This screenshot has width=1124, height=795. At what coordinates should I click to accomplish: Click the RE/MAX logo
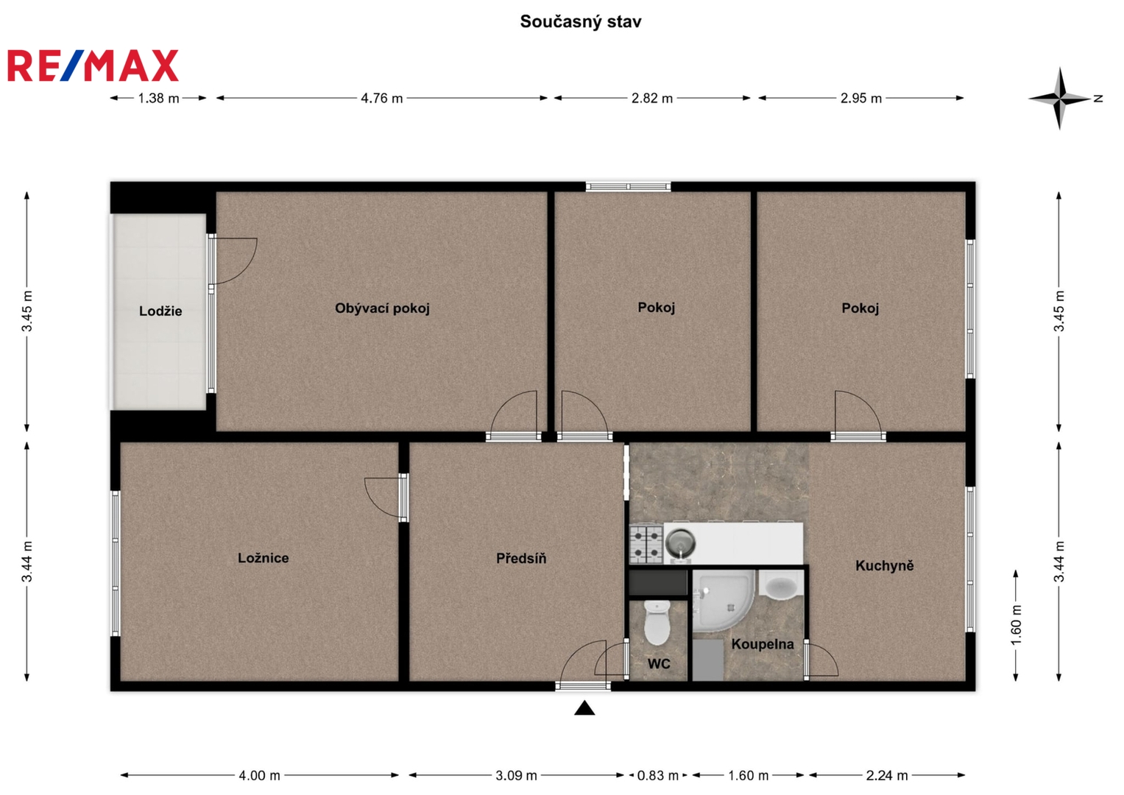(93, 66)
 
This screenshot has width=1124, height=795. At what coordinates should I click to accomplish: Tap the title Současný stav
(581, 21)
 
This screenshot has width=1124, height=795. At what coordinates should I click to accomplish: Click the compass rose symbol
(1059, 99)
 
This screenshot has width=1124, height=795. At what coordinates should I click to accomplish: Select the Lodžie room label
(160, 311)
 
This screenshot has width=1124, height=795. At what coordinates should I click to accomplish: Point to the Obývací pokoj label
(382, 308)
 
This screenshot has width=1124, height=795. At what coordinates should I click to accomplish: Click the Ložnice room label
(264, 558)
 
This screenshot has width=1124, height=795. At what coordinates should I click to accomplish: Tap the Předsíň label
(521, 558)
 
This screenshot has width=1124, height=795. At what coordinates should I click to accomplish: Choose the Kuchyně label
(885, 565)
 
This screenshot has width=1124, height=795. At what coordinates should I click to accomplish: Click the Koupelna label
(763, 644)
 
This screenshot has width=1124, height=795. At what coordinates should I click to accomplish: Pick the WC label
(659, 664)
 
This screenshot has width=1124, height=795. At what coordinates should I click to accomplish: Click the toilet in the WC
(657, 623)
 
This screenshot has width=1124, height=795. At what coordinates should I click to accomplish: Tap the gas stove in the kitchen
(646, 543)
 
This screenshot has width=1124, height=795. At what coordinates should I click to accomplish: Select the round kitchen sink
(680, 543)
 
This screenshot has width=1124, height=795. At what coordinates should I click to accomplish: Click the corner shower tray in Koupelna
(723, 600)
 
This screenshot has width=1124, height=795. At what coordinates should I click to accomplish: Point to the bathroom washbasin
(781, 585)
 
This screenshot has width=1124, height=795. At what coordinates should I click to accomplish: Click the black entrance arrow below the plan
(584, 708)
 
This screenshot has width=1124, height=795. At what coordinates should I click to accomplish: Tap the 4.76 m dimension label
(382, 99)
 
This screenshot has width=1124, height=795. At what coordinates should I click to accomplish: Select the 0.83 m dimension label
(658, 776)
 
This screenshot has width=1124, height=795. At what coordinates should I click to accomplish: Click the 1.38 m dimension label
(158, 99)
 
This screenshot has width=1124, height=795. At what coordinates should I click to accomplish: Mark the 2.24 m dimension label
(887, 776)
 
